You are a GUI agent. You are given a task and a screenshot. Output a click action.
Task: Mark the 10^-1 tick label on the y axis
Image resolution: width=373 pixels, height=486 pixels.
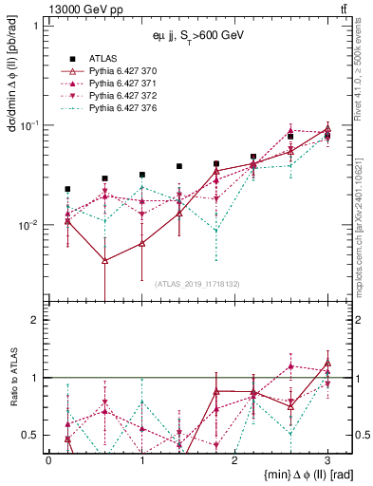(x=29, y=125)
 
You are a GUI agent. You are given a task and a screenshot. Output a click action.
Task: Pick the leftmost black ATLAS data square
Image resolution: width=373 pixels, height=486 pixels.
(x=67, y=189)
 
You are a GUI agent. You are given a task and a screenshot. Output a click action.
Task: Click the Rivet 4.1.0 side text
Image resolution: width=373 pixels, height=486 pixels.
(x=364, y=76)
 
